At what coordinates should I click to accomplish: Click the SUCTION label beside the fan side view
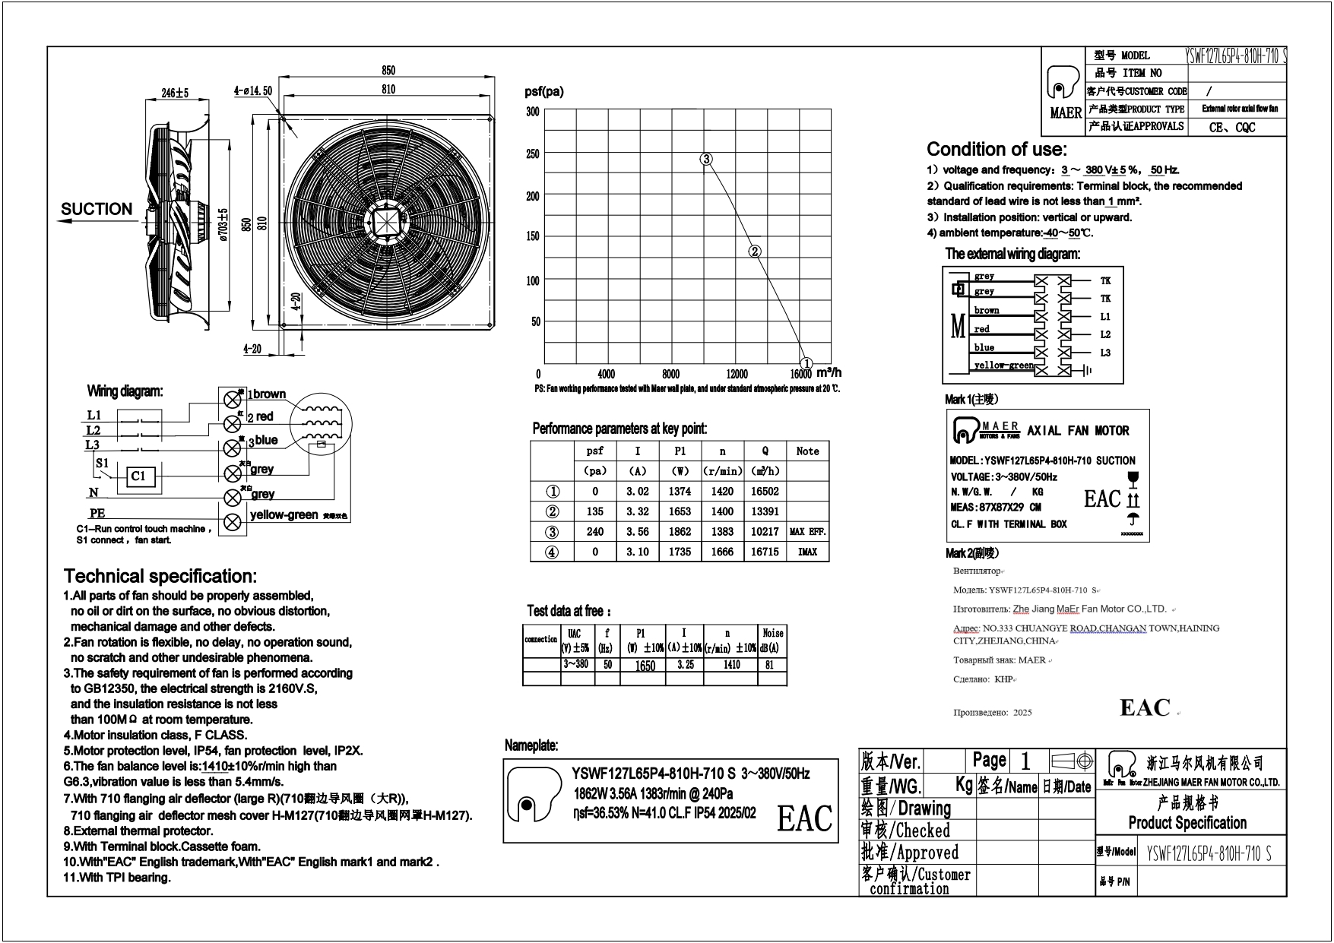pyautogui.click(x=97, y=209)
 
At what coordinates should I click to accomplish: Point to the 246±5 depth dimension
pyautogui.click(x=175, y=93)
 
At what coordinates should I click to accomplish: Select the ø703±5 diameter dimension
pyautogui.click(x=223, y=225)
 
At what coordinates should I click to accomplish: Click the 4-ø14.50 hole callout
pyautogui.click(x=253, y=91)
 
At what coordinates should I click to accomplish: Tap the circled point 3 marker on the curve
pyautogui.click(x=706, y=159)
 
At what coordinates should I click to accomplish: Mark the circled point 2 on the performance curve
pyautogui.click(x=755, y=252)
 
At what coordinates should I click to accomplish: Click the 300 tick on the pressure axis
pyautogui.click(x=533, y=112)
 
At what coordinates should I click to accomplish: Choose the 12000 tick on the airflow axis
pyautogui.click(x=737, y=375)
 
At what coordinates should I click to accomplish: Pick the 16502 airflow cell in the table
pyautogui.click(x=765, y=492)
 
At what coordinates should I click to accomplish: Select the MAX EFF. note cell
pyautogui.click(x=807, y=532)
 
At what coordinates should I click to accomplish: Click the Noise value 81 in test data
pyautogui.click(x=770, y=665)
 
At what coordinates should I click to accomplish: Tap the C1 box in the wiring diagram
pyautogui.click(x=138, y=476)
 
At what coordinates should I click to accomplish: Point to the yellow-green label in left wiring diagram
pyautogui.click(x=284, y=515)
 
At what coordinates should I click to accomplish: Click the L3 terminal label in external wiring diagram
pyautogui.click(x=1105, y=353)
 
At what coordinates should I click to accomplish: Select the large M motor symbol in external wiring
pyautogui.click(x=958, y=327)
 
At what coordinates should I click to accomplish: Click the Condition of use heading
pyautogui.click(x=997, y=149)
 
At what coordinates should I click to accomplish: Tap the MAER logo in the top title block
pyautogui.click(x=1065, y=92)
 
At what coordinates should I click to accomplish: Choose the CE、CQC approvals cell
pyautogui.click(x=1232, y=128)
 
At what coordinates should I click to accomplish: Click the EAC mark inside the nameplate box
pyautogui.click(x=804, y=818)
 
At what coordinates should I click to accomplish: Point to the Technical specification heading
pyautogui.click(x=160, y=576)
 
